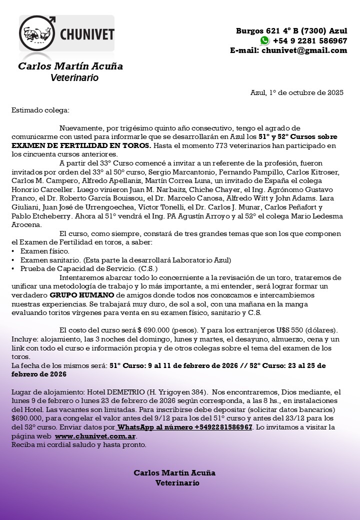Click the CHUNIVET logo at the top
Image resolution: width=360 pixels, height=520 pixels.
[x=66, y=34]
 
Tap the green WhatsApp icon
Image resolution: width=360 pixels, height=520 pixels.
[x=264, y=40]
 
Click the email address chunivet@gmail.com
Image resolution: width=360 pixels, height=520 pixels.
[x=304, y=50]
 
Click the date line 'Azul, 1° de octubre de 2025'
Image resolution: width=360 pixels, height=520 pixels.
[x=296, y=92]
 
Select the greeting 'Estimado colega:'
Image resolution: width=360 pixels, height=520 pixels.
[x=40, y=109]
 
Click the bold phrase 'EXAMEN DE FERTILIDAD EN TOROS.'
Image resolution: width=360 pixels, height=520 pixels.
[x=81, y=145]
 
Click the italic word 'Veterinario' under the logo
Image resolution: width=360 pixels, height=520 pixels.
[x=74, y=78]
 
